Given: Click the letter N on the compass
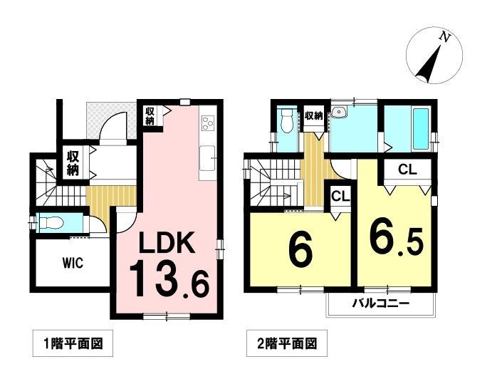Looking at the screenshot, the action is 444,37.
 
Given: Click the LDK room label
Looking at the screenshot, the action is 167,243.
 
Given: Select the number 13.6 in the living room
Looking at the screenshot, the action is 169,279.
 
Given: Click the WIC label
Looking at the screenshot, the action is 73,263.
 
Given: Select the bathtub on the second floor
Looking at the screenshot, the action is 421,129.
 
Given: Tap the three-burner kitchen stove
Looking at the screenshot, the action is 206,124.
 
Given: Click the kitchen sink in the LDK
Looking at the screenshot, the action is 207,158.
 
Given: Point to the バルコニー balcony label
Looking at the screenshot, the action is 381,303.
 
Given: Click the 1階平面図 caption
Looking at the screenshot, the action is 73,343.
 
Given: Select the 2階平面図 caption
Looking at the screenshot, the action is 287,343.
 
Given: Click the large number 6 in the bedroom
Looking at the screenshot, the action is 300,249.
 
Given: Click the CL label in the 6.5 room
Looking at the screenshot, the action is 407,169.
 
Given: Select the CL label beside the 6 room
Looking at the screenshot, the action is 340,196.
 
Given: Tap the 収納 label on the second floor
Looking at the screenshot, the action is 313,115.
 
